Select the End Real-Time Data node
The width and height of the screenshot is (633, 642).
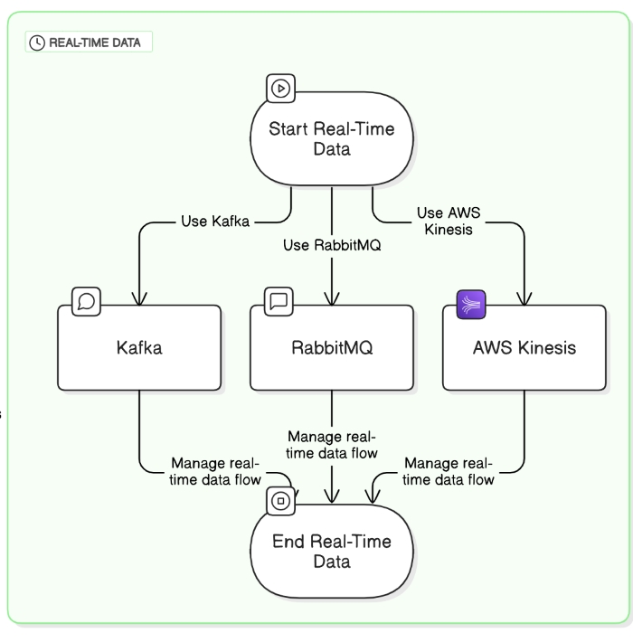[x=332, y=552]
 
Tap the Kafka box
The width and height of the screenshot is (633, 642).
[x=139, y=347]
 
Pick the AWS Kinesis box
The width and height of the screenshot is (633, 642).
[x=524, y=347]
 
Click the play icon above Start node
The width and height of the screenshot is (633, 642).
[x=280, y=89]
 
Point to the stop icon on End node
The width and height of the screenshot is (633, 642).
[x=280, y=499]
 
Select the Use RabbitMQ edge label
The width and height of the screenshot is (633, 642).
[x=333, y=245]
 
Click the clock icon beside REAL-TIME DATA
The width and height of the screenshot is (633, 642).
[x=37, y=42]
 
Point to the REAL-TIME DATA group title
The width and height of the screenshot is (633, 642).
[x=94, y=42]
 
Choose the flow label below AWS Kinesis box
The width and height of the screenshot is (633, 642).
[x=449, y=472]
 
